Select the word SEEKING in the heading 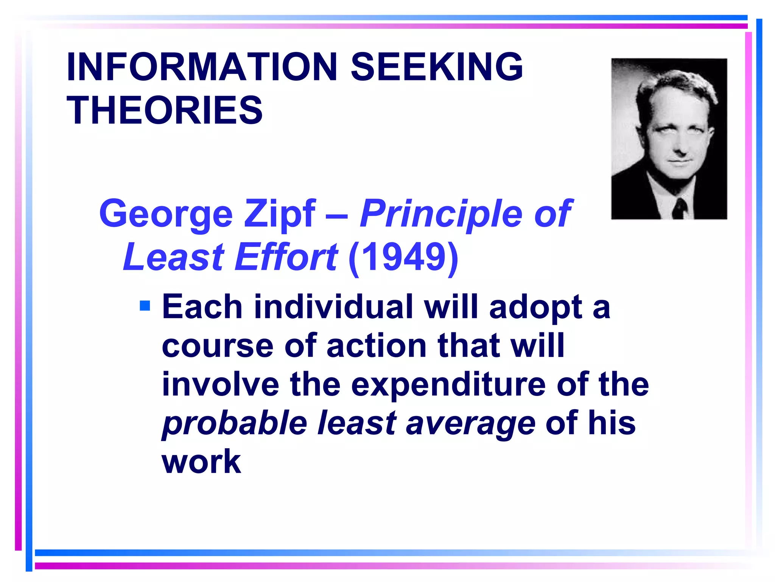click(x=437, y=67)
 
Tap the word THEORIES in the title click(x=165, y=110)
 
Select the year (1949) click(x=403, y=258)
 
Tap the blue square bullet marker click(x=145, y=305)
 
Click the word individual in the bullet click(x=333, y=307)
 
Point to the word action click(x=377, y=346)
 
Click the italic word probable click(x=235, y=424)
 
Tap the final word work click(x=201, y=462)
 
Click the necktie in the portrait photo click(x=679, y=208)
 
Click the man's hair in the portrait click(x=674, y=83)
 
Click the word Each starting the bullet click(x=202, y=307)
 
